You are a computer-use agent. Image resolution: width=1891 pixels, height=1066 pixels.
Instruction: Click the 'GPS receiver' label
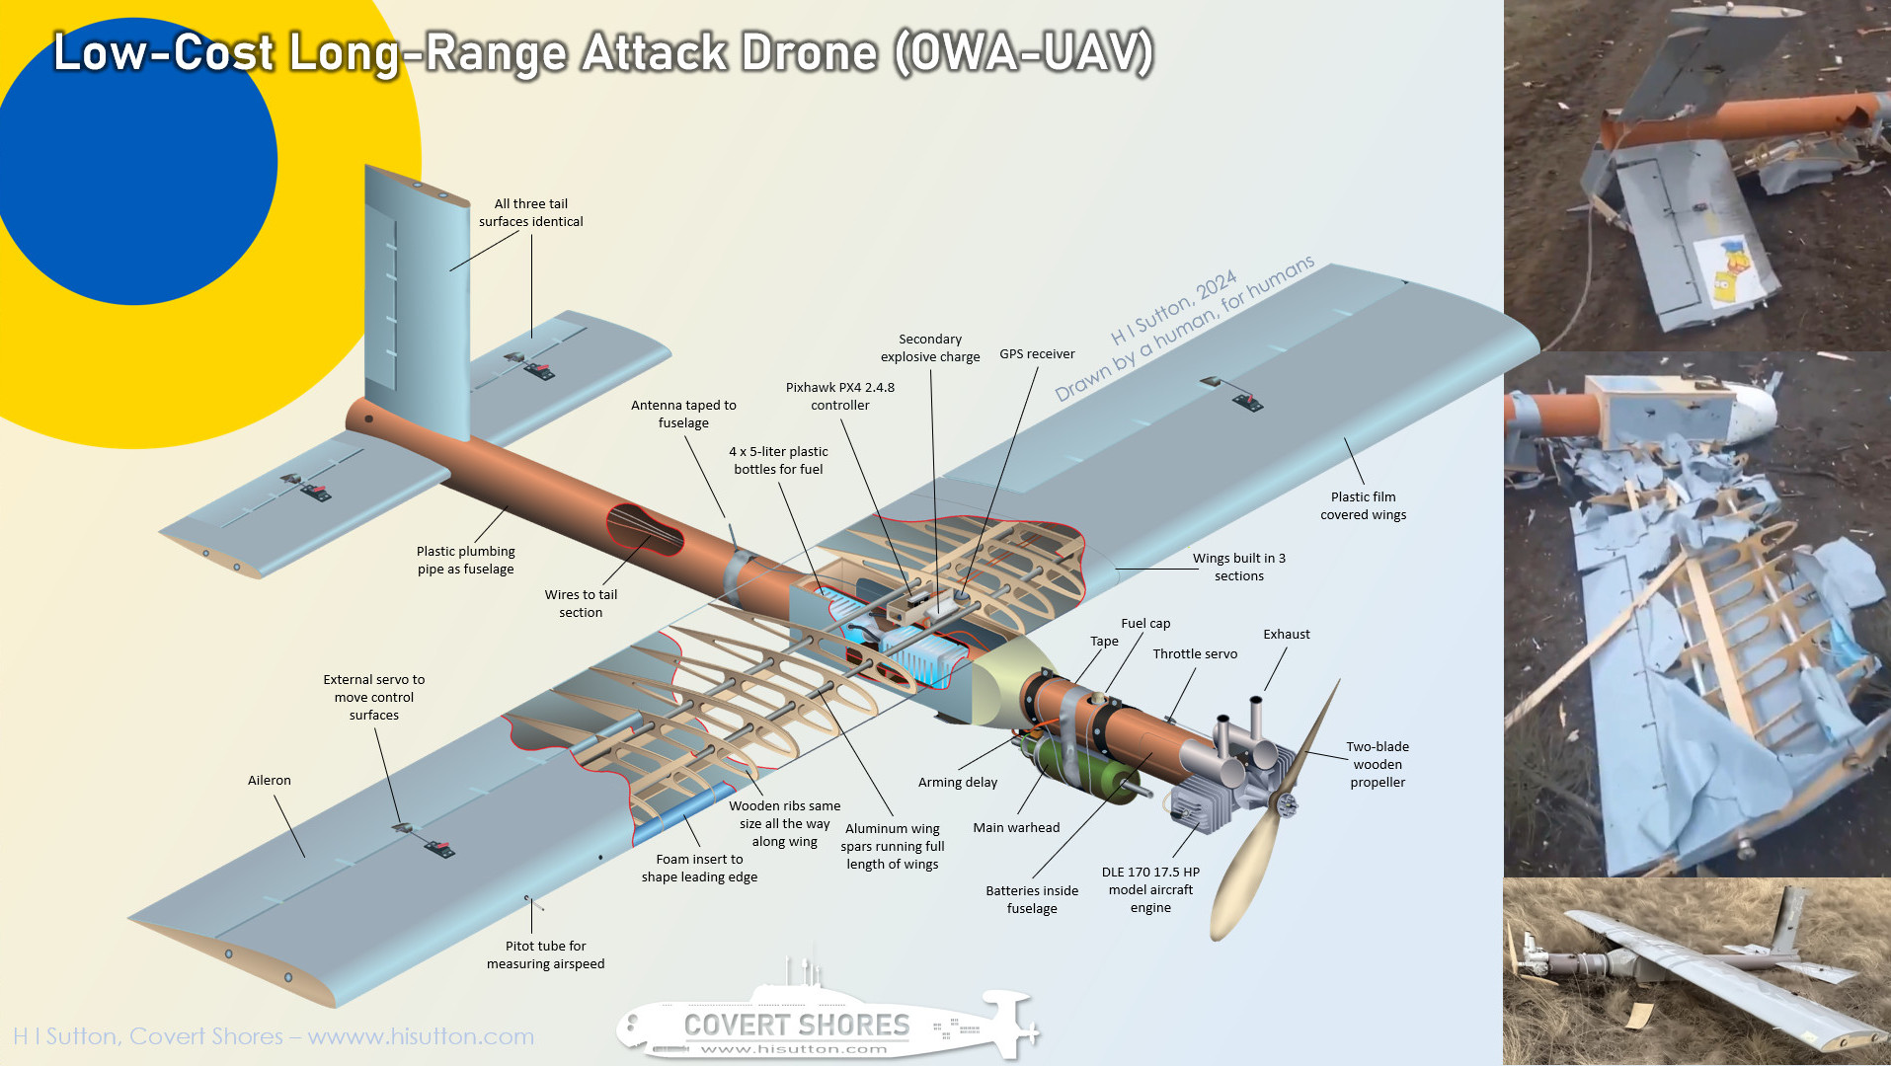1037,354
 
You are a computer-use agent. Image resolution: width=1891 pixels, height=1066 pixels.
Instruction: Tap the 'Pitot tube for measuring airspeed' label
545,954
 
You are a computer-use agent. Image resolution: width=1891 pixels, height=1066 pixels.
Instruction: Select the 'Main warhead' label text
1016,827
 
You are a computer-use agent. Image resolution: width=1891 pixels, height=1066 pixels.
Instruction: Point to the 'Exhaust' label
1287,634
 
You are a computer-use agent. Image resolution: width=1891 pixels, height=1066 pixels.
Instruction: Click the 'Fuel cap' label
1145,624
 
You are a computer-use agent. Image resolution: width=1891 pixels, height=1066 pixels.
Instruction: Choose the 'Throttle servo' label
1195,653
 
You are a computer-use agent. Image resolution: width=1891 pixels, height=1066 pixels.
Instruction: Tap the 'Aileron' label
270,780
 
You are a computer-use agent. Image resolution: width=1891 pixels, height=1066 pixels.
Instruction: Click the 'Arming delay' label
958,783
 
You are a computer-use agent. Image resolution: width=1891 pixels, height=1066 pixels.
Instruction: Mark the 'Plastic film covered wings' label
1363,505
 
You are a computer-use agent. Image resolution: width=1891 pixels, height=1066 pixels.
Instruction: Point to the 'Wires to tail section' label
581,603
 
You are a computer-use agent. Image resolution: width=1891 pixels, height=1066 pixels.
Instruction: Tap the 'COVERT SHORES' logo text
797,1026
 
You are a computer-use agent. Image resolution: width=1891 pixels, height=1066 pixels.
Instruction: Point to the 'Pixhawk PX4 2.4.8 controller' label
840,396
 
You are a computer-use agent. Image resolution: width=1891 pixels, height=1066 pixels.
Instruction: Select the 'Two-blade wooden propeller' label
1378,764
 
